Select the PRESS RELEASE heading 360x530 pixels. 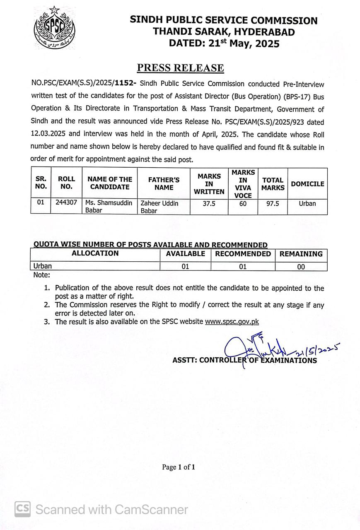181,68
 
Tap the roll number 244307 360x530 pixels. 66,203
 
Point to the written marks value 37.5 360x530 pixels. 209,204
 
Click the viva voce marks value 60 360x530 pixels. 243,204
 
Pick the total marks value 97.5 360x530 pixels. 273,204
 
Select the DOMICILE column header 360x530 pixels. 307,184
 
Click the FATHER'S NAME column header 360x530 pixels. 164,183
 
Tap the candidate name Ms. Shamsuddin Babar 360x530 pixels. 109,207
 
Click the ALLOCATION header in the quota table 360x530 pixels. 95,253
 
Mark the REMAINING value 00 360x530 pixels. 301,267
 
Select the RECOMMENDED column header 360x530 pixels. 243,254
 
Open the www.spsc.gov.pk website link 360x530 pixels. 232,321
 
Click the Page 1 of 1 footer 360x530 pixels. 179,467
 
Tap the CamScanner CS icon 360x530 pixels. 23,509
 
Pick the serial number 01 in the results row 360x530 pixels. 41,203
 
